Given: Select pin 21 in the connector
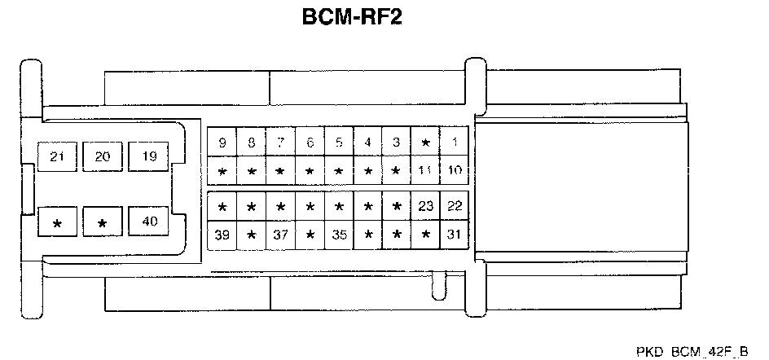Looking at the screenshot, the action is click(x=57, y=156).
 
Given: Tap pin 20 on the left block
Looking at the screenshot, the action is click(x=103, y=156).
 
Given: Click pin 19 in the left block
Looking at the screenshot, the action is click(x=148, y=156).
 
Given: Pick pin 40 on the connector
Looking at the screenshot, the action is click(x=148, y=222).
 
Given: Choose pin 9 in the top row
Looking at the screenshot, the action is click(x=222, y=143).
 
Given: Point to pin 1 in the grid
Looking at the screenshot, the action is click(x=455, y=143).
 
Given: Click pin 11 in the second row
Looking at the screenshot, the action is click(x=425, y=171).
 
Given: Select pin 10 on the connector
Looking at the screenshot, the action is click(x=455, y=171).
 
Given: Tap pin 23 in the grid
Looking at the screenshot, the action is click(x=425, y=206).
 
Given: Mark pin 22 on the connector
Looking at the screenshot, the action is click(x=455, y=206).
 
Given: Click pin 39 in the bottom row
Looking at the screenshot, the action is click(x=222, y=235).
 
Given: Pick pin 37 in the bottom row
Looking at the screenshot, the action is click(x=280, y=235).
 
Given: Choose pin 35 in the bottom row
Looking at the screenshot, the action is click(x=339, y=235).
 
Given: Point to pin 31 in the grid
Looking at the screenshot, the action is click(x=455, y=235).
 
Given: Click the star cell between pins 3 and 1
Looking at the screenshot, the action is click(x=425, y=143).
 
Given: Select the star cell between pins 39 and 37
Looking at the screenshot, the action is click(x=251, y=235).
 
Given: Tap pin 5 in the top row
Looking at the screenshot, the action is click(x=339, y=143).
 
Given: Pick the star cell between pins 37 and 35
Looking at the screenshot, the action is click(x=310, y=235).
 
